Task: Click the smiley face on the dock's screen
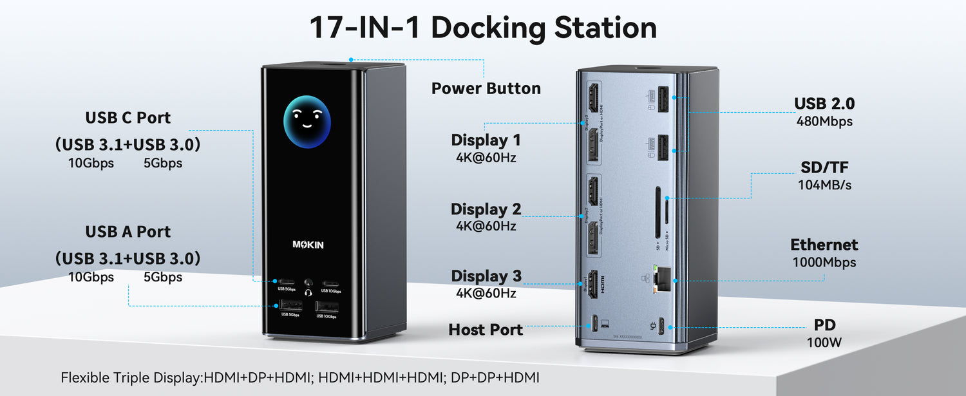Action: tap(307, 122)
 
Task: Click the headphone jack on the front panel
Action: tap(308, 283)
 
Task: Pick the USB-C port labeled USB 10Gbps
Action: tap(331, 282)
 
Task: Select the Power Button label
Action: tap(486, 88)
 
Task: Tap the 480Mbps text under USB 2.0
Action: tap(824, 121)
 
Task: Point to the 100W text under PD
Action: tap(824, 343)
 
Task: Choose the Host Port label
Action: tap(486, 330)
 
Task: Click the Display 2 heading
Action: tap(486, 209)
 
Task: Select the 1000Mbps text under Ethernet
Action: tap(824, 262)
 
